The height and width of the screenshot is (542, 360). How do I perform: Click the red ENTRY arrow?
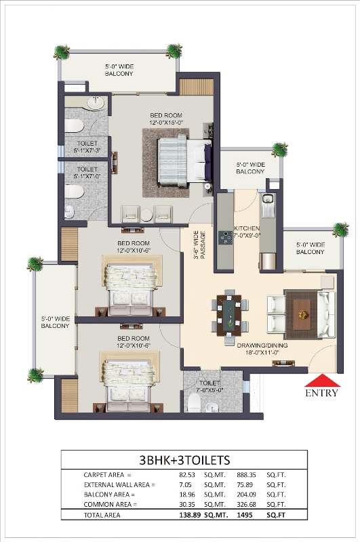click(322, 380)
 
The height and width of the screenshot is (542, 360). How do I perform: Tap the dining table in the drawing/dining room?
click(229, 315)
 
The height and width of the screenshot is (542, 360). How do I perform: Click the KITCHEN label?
click(247, 228)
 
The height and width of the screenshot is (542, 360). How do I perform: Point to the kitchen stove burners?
click(224, 238)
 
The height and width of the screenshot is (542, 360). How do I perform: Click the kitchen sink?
click(267, 200)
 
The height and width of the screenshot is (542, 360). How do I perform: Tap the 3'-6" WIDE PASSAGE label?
click(199, 245)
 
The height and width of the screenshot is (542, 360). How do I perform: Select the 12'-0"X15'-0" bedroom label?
click(166, 119)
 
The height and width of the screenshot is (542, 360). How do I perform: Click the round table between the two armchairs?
click(146, 215)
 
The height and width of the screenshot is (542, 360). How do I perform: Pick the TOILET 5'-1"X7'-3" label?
click(87, 147)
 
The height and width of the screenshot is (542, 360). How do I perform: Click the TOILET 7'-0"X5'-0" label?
click(209, 386)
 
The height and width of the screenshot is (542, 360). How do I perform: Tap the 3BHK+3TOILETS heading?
click(184, 460)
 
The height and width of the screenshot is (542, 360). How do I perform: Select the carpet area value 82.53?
click(186, 475)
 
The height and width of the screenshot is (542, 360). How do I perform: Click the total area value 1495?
click(245, 515)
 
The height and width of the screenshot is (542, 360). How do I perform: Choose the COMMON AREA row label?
click(110, 505)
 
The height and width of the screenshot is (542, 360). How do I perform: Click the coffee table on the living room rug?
click(302, 314)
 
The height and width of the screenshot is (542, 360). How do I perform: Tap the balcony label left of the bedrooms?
click(56, 322)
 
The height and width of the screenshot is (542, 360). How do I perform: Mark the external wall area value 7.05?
click(185, 485)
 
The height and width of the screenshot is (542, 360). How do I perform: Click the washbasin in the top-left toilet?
click(96, 103)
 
